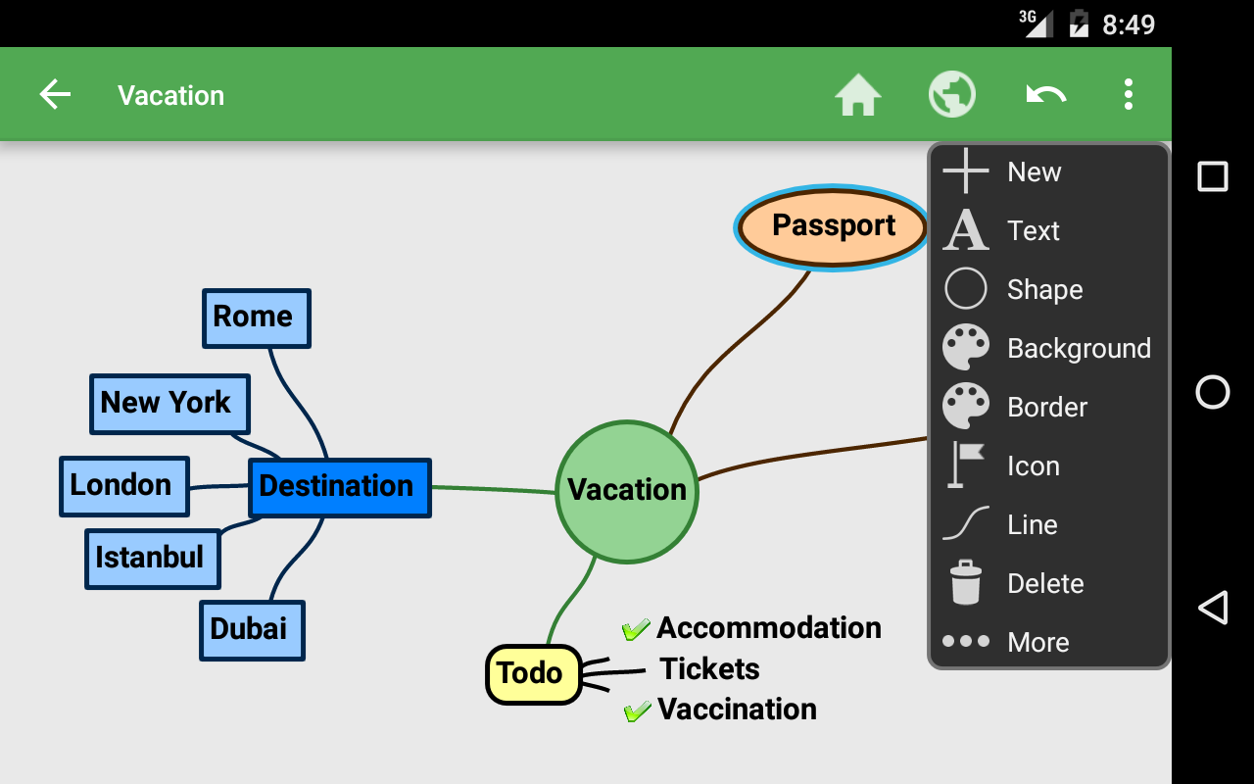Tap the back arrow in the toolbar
[55, 95]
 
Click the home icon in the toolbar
[858, 96]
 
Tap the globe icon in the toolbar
[952, 95]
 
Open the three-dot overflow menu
[1129, 95]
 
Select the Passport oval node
[833, 226]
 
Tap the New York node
[169, 403]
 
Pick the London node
[123, 485]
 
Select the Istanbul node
[152, 558]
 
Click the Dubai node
[252, 629]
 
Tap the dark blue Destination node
[339, 487]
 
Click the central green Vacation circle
[627, 490]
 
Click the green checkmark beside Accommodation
[636, 628]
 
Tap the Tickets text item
[709, 669]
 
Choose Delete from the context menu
[1046, 584]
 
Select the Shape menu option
[1045, 290]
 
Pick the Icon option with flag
[1034, 466]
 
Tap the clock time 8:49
[1129, 24]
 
